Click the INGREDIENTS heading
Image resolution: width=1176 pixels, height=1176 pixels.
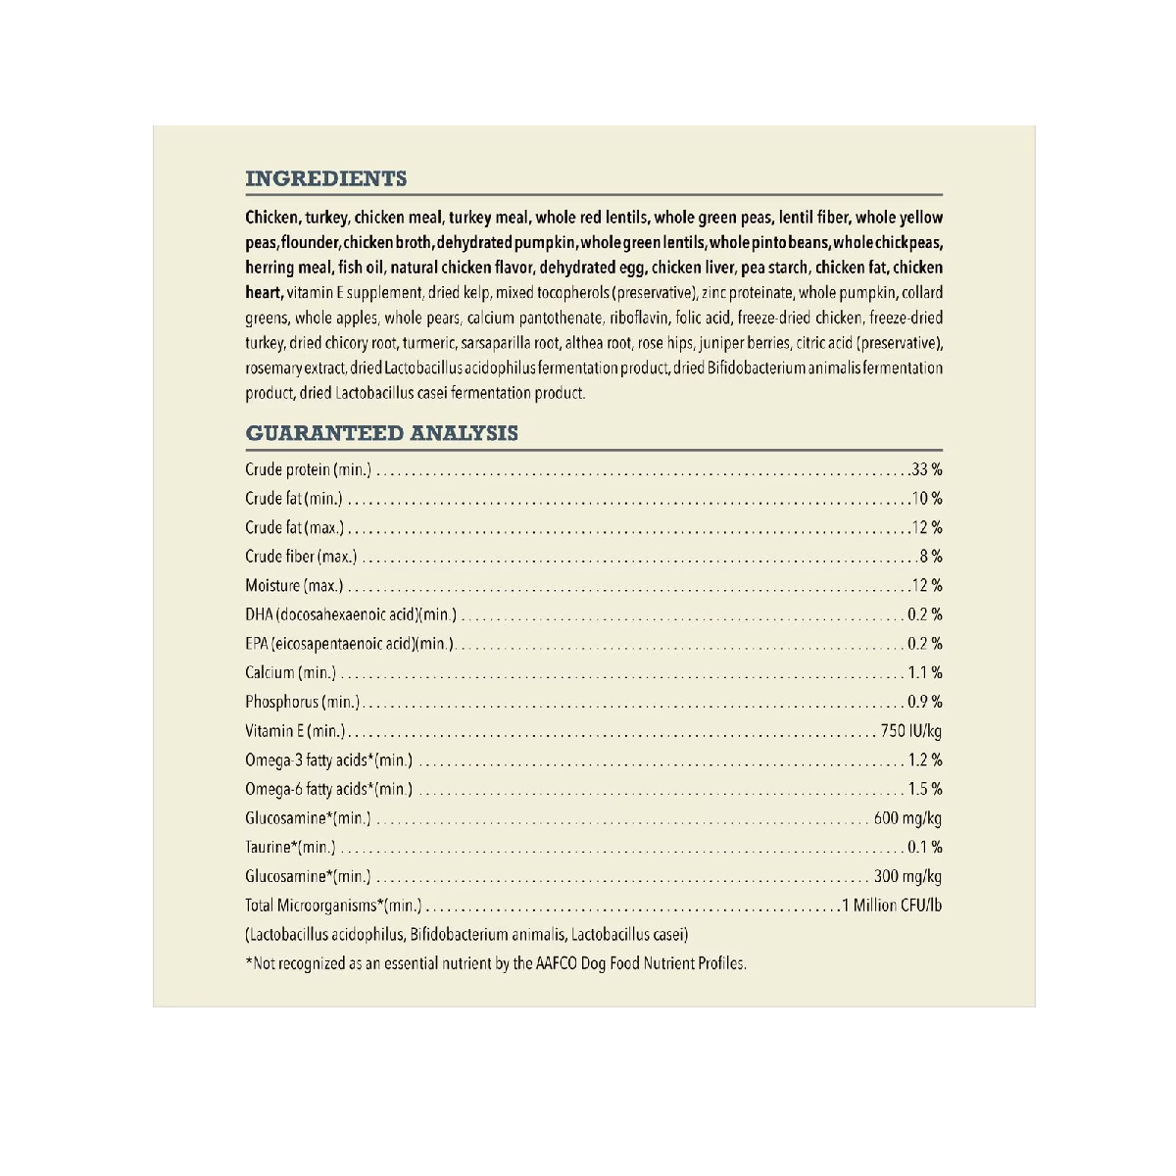pos(325,178)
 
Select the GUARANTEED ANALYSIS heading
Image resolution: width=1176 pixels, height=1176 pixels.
pos(381,433)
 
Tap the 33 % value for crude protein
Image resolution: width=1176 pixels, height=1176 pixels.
pos(927,470)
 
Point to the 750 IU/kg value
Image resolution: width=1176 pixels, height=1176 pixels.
pos(910,731)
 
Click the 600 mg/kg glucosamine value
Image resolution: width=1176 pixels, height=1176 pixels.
pos(907,818)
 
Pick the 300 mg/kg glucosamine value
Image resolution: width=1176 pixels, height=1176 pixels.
pos(907,876)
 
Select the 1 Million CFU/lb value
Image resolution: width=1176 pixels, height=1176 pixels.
pos(892,906)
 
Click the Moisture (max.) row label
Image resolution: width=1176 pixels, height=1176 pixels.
pos(294,586)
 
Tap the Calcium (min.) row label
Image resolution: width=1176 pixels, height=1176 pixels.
pos(290,673)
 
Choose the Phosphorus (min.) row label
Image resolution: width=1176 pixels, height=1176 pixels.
pos(302,702)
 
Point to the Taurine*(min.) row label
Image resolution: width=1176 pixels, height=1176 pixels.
pos(290,848)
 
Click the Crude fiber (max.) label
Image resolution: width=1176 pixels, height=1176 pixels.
pos(301,557)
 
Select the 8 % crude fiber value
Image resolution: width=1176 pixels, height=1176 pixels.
pos(931,557)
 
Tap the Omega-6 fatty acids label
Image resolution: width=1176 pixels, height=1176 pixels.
pos(328,789)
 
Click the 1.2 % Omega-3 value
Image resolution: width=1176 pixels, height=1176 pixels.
pos(925,760)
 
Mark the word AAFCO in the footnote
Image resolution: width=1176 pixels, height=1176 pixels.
pos(549,963)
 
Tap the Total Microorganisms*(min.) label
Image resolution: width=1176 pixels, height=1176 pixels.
pos(333,906)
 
